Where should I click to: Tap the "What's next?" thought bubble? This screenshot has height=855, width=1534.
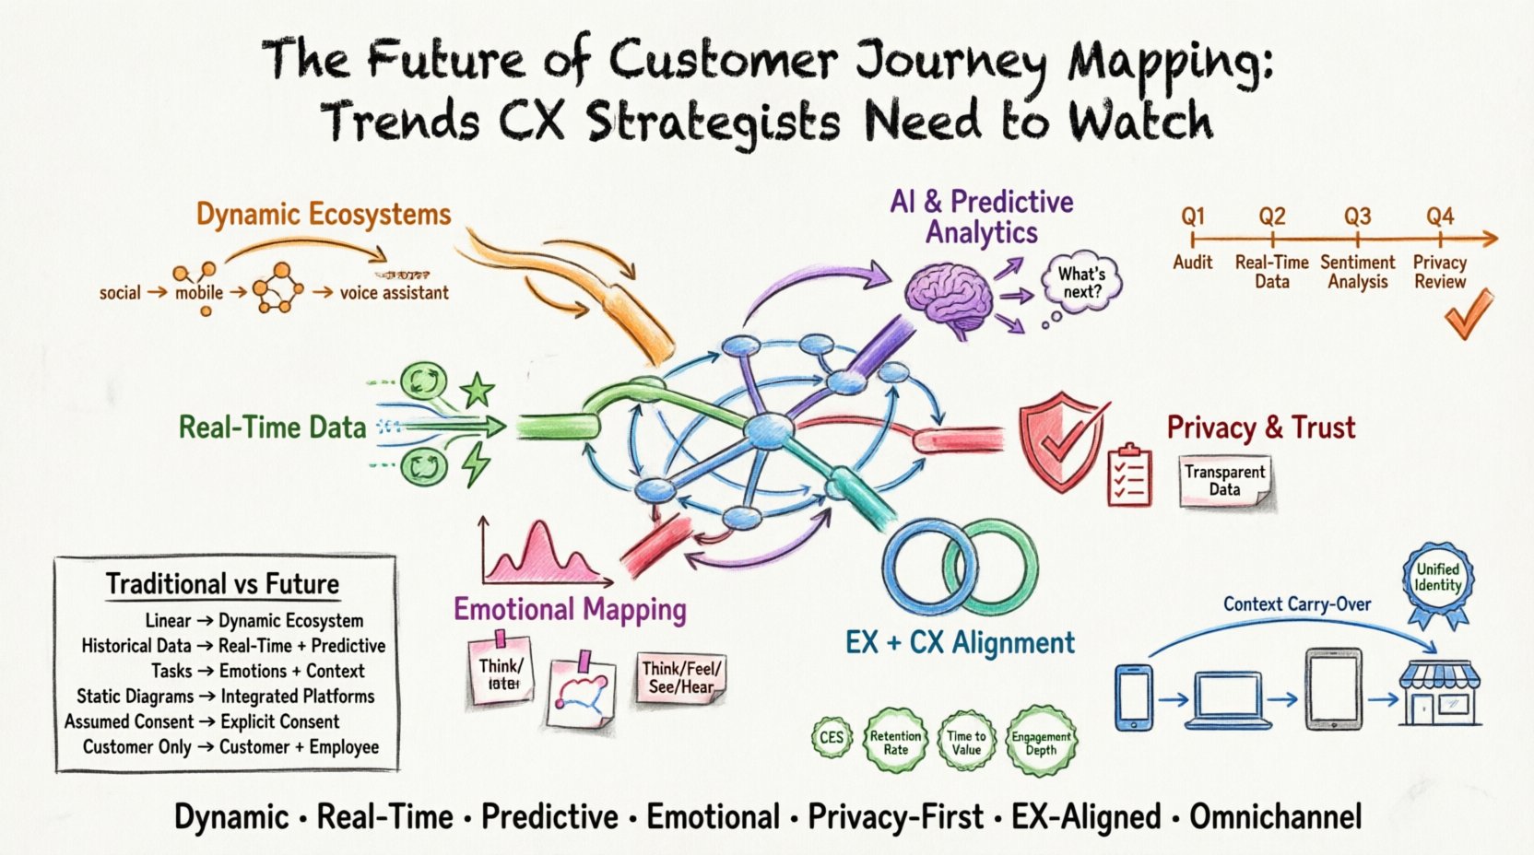tap(1081, 283)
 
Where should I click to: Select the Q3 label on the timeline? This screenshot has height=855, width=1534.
tap(1357, 217)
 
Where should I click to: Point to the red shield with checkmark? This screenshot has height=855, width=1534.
tap(1061, 440)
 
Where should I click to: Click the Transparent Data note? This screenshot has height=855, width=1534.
tap(1224, 480)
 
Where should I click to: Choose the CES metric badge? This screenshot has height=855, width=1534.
tap(831, 737)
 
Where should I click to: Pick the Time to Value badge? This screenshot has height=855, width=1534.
tap(966, 742)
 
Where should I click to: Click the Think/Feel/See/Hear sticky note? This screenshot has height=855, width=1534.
tap(681, 678)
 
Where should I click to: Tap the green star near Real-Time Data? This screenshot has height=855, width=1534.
tap(478, 390)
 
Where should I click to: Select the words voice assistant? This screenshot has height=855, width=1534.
tap(394, 293)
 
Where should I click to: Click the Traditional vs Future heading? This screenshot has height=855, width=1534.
tap(222, 584)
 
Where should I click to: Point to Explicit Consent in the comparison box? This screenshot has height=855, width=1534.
tap(279, 721)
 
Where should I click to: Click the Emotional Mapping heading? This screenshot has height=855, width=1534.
tap(570, 609)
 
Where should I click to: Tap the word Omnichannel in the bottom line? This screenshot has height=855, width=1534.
tap(1275, 816)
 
